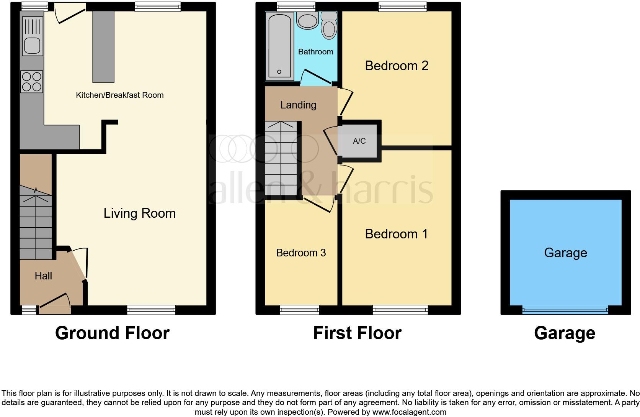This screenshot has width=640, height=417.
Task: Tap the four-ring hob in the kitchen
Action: (x=32, y=82)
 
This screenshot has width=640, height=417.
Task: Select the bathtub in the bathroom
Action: (x=279, y=46)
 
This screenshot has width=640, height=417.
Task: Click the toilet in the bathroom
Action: (x=329, y=26)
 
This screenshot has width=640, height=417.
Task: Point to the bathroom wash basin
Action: (x=307, y=20)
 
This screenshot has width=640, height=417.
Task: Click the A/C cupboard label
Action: (x=359, y=141)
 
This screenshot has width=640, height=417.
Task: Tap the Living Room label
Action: (x=139, y=213)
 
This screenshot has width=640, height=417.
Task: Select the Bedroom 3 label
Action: (x=301, y=253)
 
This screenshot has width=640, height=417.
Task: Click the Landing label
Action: (x=298, y=105)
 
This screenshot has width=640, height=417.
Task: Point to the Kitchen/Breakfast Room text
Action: (x=119, y=95)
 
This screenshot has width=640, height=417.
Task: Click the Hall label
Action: (x=43, y=276)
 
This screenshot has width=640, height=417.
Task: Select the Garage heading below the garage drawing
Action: (x=565, y=333)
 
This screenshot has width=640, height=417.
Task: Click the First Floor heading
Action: (x=357, y=333)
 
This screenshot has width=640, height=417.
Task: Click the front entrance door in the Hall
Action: (x=54, y=301)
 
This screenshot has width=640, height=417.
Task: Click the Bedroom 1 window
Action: (x=400, y=309)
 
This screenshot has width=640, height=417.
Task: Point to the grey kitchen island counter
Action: (x=103, y=46)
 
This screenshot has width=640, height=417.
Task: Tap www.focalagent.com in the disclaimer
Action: (x=409, y=412)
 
